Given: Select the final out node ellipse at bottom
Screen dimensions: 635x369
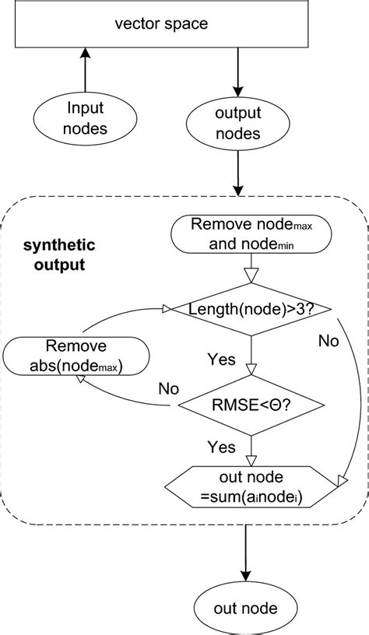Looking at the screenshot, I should pos(246,606).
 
